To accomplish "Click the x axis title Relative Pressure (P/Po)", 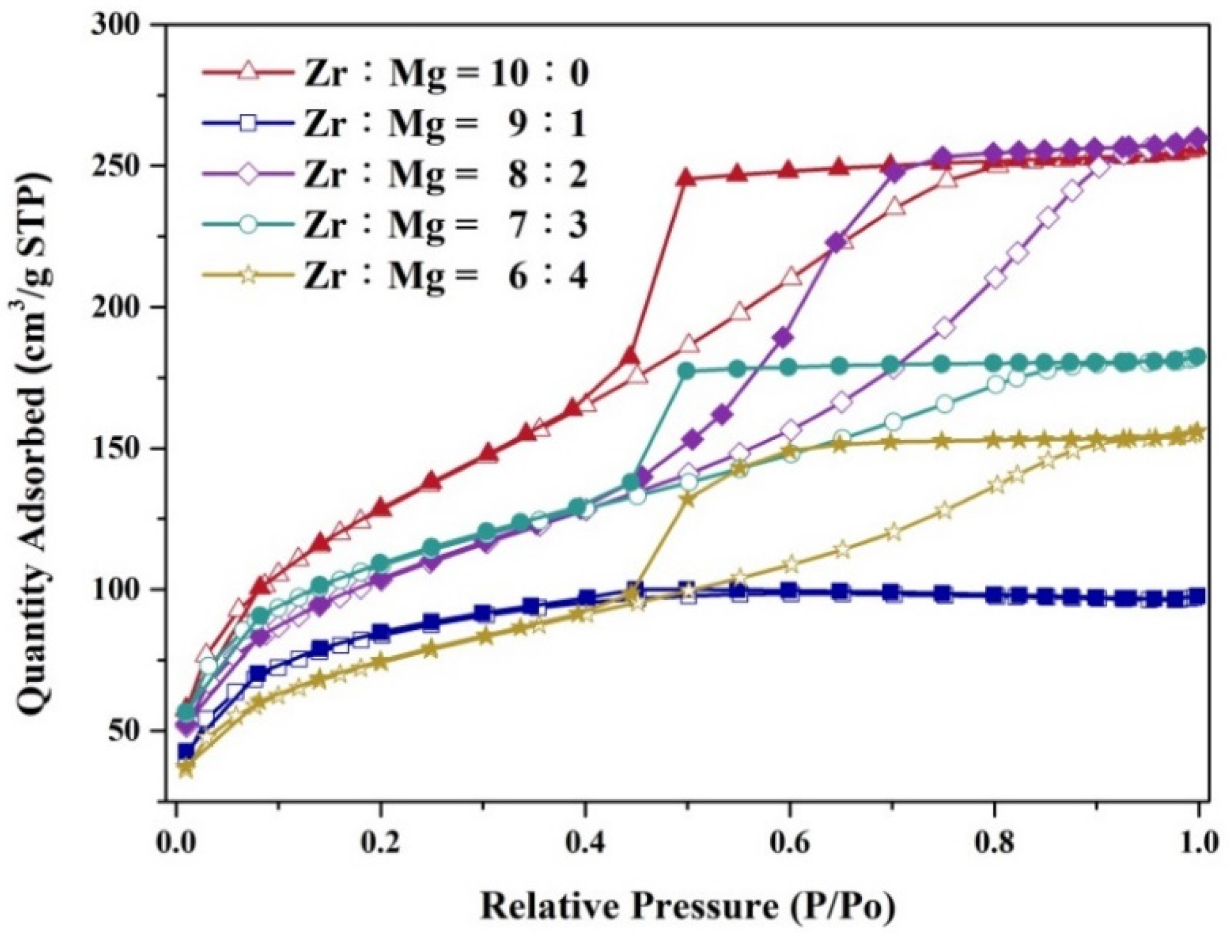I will [689, 905].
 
